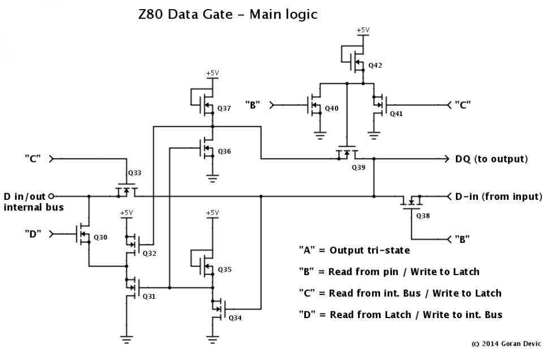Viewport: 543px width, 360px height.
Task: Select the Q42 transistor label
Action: tap(375, 66)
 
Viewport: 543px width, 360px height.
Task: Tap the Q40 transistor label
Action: tap(332, 108)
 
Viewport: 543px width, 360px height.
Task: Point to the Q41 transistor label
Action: tap(396, 113)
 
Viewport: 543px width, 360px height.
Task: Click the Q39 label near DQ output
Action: tap(359, 168)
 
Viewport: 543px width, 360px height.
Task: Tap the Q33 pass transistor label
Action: tap(135, 173)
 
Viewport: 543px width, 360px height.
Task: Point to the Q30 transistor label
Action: tap(101, 237)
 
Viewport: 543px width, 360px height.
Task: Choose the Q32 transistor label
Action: tap(149, 252)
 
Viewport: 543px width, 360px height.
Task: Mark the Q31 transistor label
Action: tap(149, 296)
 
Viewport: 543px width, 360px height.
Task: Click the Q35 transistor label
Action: tap(225, 269)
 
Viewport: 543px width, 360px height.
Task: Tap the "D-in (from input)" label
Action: tap(498, 197)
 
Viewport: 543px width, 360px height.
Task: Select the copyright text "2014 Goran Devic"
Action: tap(506, 343)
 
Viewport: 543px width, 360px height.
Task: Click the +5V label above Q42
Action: tap(363, 29)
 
